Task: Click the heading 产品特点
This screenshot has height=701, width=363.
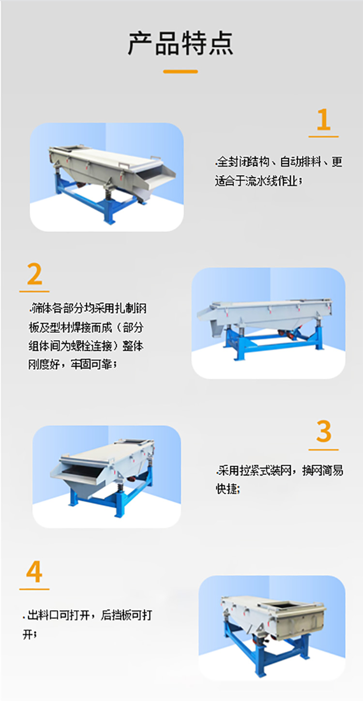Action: click(181, 43)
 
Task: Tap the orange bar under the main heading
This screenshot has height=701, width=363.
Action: click(181, 72)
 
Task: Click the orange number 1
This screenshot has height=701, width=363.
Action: click(323, 120)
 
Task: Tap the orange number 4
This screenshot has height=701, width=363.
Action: click(34, 572)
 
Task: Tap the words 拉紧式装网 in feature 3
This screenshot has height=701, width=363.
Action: click(255, 470)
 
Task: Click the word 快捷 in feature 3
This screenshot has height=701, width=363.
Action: click(227, 488)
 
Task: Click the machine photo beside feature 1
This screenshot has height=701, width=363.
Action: click(106, 177)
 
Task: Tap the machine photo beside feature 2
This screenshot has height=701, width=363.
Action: click(269, 323)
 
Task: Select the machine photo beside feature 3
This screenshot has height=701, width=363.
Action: click(106, 476)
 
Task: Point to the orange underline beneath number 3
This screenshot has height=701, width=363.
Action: click(323, 450)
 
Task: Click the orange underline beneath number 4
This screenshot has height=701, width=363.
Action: click(34, 589)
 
